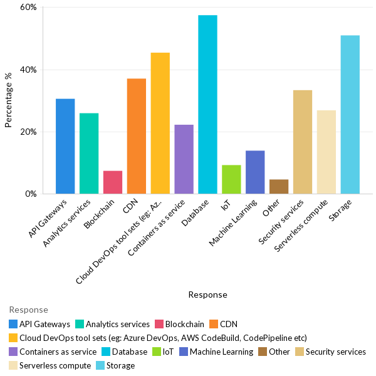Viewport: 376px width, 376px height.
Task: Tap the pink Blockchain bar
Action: click(x=112, y=182)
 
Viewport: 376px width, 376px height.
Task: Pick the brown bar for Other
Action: click(x=279, y=187)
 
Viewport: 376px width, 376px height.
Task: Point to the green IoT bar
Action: click(x=231, y=179)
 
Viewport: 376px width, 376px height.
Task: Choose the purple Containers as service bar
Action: click(x=184, y=159)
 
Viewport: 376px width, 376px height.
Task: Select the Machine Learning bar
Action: click(x=255, y=172)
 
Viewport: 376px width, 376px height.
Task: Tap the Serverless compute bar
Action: click(x=326, y=152)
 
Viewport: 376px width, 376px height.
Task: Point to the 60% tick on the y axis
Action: click(x=28, y=8)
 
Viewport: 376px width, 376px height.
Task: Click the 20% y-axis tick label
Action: click(x=28, y=132)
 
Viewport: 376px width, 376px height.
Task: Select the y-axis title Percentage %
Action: click(x=8, y=100)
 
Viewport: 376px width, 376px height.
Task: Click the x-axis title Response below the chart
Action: click(x=207, y=295)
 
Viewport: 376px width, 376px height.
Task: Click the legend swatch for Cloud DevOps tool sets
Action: click(x=13, y=338)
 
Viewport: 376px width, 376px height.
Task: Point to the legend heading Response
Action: click(x=28, y=310)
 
